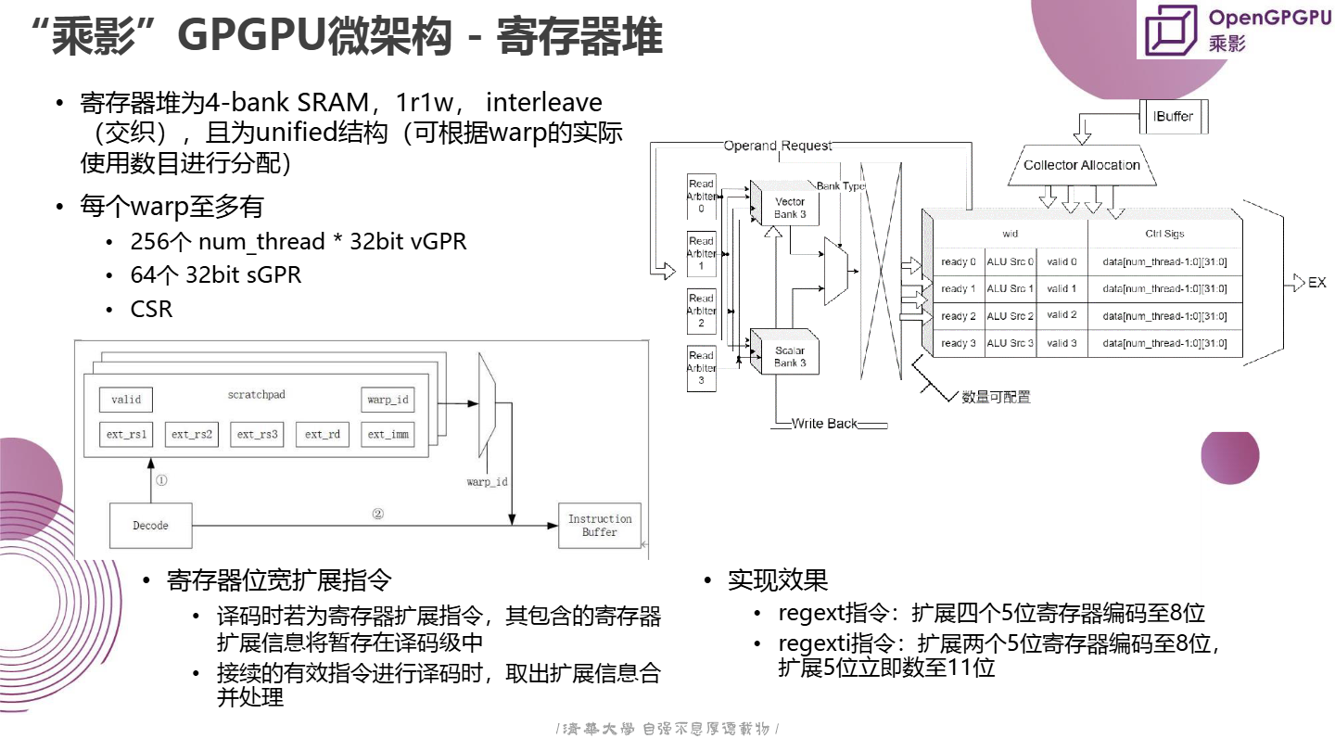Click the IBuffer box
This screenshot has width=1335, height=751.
(1173, 116)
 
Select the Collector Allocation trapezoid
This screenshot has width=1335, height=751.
(1082, 165)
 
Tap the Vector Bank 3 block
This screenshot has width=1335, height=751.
(790, 208)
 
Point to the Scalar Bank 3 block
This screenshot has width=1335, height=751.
(790, 357)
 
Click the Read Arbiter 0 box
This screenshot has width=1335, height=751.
(701, 197)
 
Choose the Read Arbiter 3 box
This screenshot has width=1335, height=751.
(701, 368)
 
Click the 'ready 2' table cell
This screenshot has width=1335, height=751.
(958, 316)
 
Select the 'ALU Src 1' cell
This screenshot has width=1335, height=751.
(1010, 288)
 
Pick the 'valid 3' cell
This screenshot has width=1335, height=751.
(1062, 343)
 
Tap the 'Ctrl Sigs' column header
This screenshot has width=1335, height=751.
(1164, 234)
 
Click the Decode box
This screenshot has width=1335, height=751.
(151, 526)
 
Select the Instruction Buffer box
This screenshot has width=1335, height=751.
(600, 526)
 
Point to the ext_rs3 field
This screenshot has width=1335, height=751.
(258, 434)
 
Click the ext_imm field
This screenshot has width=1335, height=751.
(388, 434)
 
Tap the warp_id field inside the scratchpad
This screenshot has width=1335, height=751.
(388, 400)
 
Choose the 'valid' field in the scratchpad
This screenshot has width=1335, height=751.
(126, 400)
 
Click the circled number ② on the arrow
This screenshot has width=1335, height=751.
(377, 514)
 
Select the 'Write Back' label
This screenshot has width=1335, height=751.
(824, 424)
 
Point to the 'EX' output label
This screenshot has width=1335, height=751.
(1316, 283)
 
